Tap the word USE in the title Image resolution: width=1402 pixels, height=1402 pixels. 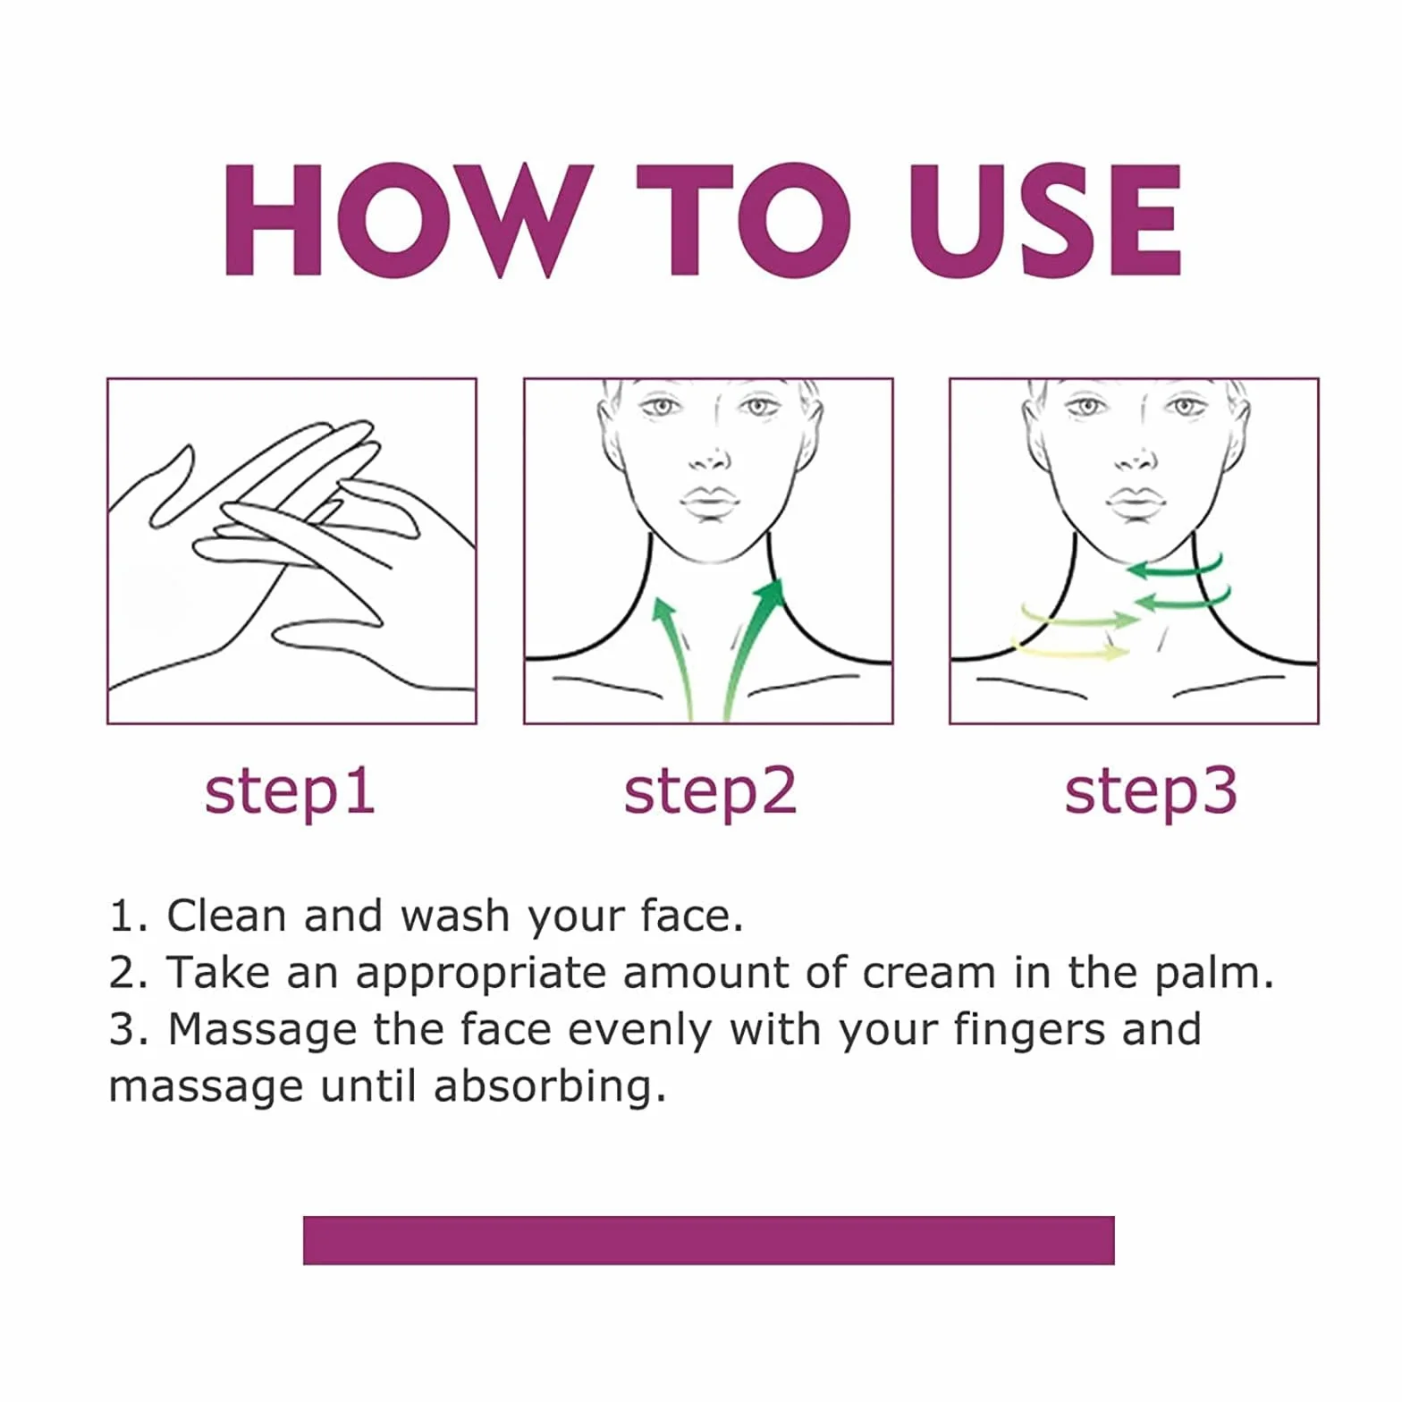click(x=1044, y=219)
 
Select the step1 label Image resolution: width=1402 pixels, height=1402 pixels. click(x=289, y=793)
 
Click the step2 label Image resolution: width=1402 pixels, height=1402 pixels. click(x=709, y=793)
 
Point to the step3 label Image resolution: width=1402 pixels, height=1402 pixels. click(x=1150, y=793)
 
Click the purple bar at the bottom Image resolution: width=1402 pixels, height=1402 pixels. click(x=708, y=1240)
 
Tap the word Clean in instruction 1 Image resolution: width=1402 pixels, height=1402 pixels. click(x=226, y=916)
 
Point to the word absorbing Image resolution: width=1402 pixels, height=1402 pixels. click(x=549, y=1087)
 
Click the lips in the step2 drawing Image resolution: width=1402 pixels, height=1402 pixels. click(x=710, y=502)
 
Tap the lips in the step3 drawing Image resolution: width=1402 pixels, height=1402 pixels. click(x=1136, y=502)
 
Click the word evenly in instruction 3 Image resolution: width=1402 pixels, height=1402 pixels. click(x=638, y=1030)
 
